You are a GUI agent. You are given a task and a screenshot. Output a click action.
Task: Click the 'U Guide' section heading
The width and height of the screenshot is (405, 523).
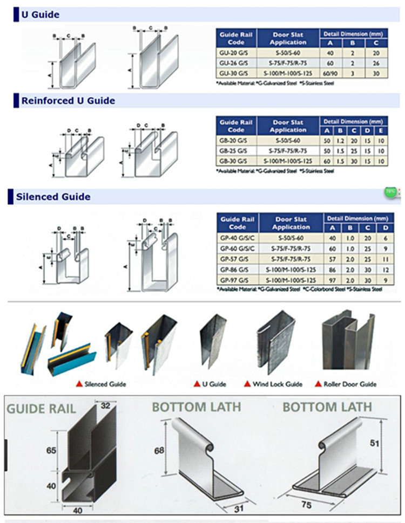pos(40,15)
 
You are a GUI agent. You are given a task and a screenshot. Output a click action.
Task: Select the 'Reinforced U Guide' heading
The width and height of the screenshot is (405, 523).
pos(68,100)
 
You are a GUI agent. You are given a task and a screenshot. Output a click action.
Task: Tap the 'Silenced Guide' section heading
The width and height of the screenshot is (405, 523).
pos(56,197)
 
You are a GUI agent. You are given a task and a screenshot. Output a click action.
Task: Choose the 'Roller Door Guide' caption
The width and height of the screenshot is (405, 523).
pos(349,384)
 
